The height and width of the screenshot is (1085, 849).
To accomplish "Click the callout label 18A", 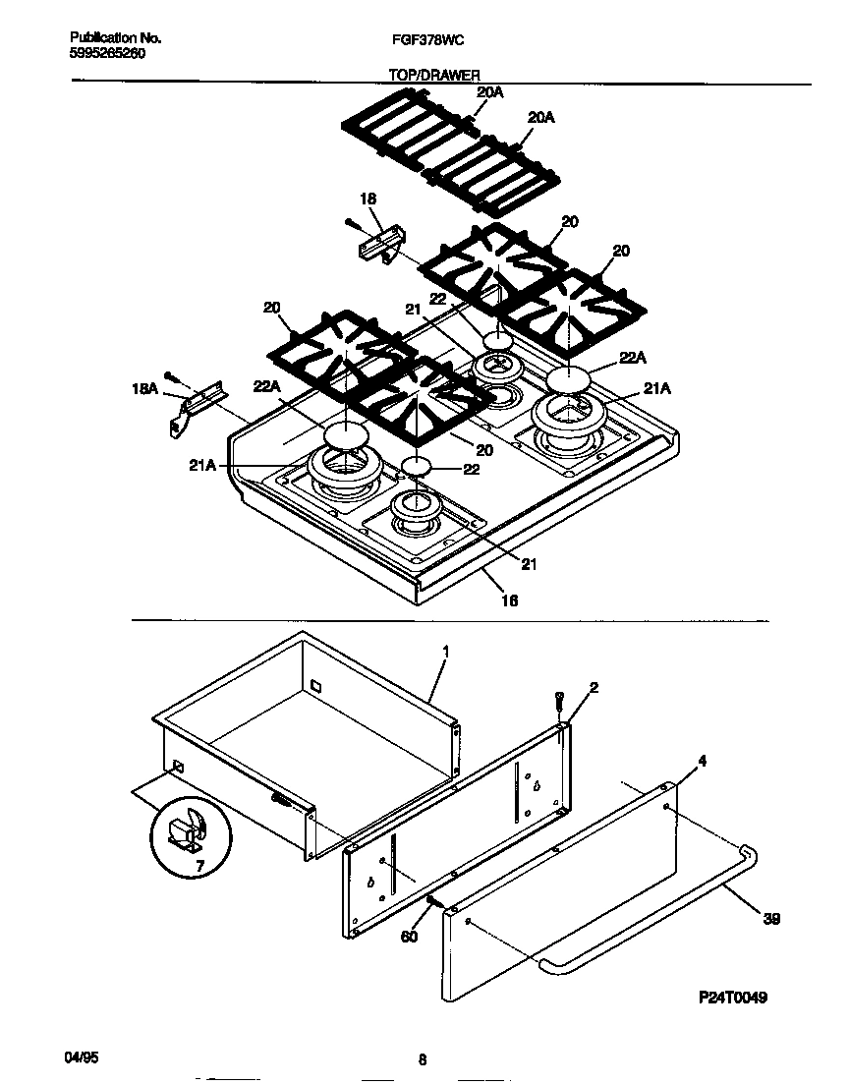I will coord(145,389).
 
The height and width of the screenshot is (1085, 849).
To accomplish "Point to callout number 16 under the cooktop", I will coord(510,600).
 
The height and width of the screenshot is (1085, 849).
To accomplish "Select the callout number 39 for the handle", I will coord(773,918).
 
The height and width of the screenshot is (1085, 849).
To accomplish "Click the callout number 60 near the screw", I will coord(409,937).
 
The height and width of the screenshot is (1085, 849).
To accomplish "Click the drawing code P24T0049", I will coord(719,998).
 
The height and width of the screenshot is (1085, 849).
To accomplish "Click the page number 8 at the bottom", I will coord(422,1059).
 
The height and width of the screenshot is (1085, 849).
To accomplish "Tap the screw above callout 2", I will coord(559,702).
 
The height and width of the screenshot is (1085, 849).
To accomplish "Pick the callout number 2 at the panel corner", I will coord(594,687).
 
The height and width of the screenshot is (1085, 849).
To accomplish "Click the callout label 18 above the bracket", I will coord(368,199).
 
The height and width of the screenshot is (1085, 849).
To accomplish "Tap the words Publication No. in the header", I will coord(115,38).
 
